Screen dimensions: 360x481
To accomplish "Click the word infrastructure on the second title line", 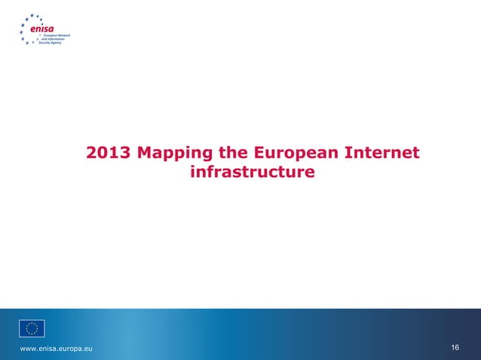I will [253, 174].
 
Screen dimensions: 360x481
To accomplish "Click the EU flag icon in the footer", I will [32, 328].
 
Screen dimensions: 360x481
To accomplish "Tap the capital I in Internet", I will [347, 154].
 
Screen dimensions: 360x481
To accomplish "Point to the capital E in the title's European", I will [262, 154].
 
